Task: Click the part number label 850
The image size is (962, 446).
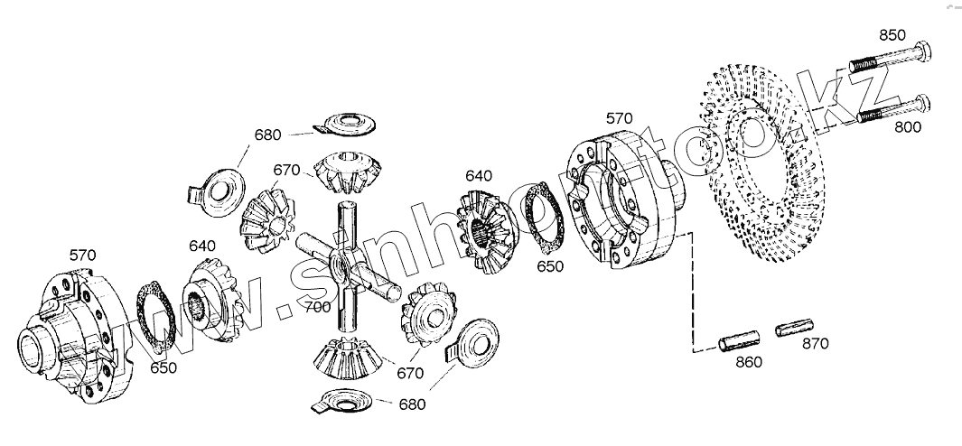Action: pyautogui.click(x=892, y=35)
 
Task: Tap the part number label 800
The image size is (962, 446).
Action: pyautogui.click(x=908, y=127)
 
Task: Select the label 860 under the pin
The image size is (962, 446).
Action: pyautogui.click(x=748, y=362)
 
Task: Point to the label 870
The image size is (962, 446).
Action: pyautogui.click(x=815, y=343)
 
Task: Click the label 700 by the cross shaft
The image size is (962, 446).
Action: pyautogui.click(x=318, y=308)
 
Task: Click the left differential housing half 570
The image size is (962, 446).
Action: pyautogui.click(x=76, y=330)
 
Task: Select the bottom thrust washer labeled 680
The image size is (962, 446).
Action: pyautogui.click(x=348, y=401)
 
